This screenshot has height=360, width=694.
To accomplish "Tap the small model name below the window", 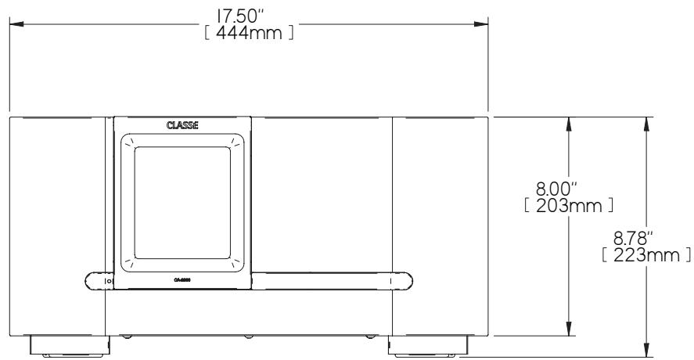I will click(182, 279).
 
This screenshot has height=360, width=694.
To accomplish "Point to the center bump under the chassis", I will click(247, 337).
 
